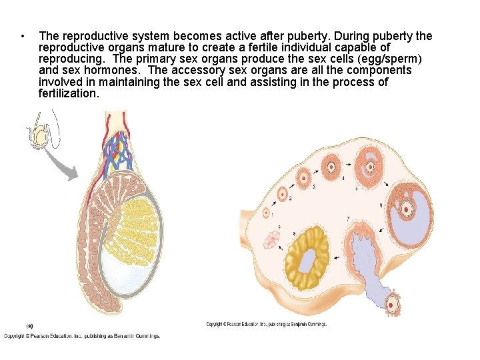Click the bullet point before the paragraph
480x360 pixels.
coord(23,36)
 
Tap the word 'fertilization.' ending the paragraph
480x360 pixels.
coord(69,94)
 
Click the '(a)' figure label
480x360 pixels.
coord(29,325)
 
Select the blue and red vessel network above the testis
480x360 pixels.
coord(120,150)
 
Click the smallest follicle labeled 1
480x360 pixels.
coord(267,213)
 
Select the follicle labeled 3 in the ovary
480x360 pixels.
coord(304,177)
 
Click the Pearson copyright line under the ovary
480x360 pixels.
coord(266,325)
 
